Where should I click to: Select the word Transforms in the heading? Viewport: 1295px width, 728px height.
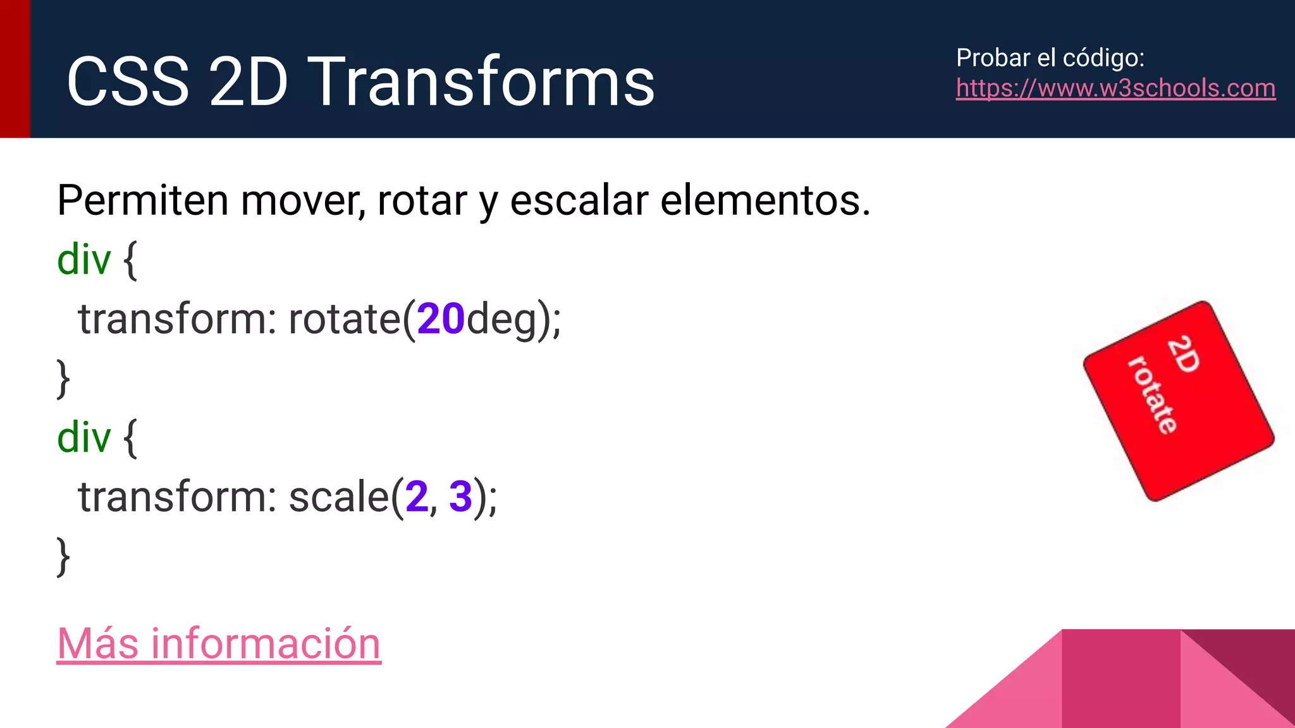pyautogui.click(x=484, y=82)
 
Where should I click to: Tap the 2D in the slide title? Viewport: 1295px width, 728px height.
pyautogui.click(x=249, y=82)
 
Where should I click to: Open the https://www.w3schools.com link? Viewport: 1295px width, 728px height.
pyautogui.click(x=1115, y=88)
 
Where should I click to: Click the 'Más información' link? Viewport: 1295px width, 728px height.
pyautogui.click(x=219, y=644)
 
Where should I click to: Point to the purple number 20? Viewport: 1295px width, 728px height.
pyautogui.click(x=441, y=318)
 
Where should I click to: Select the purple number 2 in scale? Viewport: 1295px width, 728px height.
pyautogui.click(x=417, y=497)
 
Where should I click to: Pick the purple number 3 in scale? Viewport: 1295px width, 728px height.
pyautogui.click(x=460, y=497)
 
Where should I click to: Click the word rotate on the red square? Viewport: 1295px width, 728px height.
pyautogui.click(x=1153, y=395)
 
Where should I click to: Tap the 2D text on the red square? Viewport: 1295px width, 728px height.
pyautogui.click(x=1183, y=355)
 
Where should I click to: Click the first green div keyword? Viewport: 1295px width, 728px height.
pyautogui.click(x=83, y=260)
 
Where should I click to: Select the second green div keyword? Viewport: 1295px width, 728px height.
pyautogui.click(x=83, y=437)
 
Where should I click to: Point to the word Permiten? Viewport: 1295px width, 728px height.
pyautogui.click(x=142, y=201)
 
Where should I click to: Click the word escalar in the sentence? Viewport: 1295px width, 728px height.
pyautogui.click(x=579, y=201)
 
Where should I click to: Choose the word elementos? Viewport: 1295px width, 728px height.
pyautogui.click(x=765, y=201)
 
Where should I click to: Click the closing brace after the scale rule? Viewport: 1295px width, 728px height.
pyautogui.click(x=63, y=556)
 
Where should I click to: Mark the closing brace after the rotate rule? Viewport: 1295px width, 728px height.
pyautogui.click(x=63, y=378)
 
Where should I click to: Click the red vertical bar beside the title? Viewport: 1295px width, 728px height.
pyautogui.click(x=15, y=68)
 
